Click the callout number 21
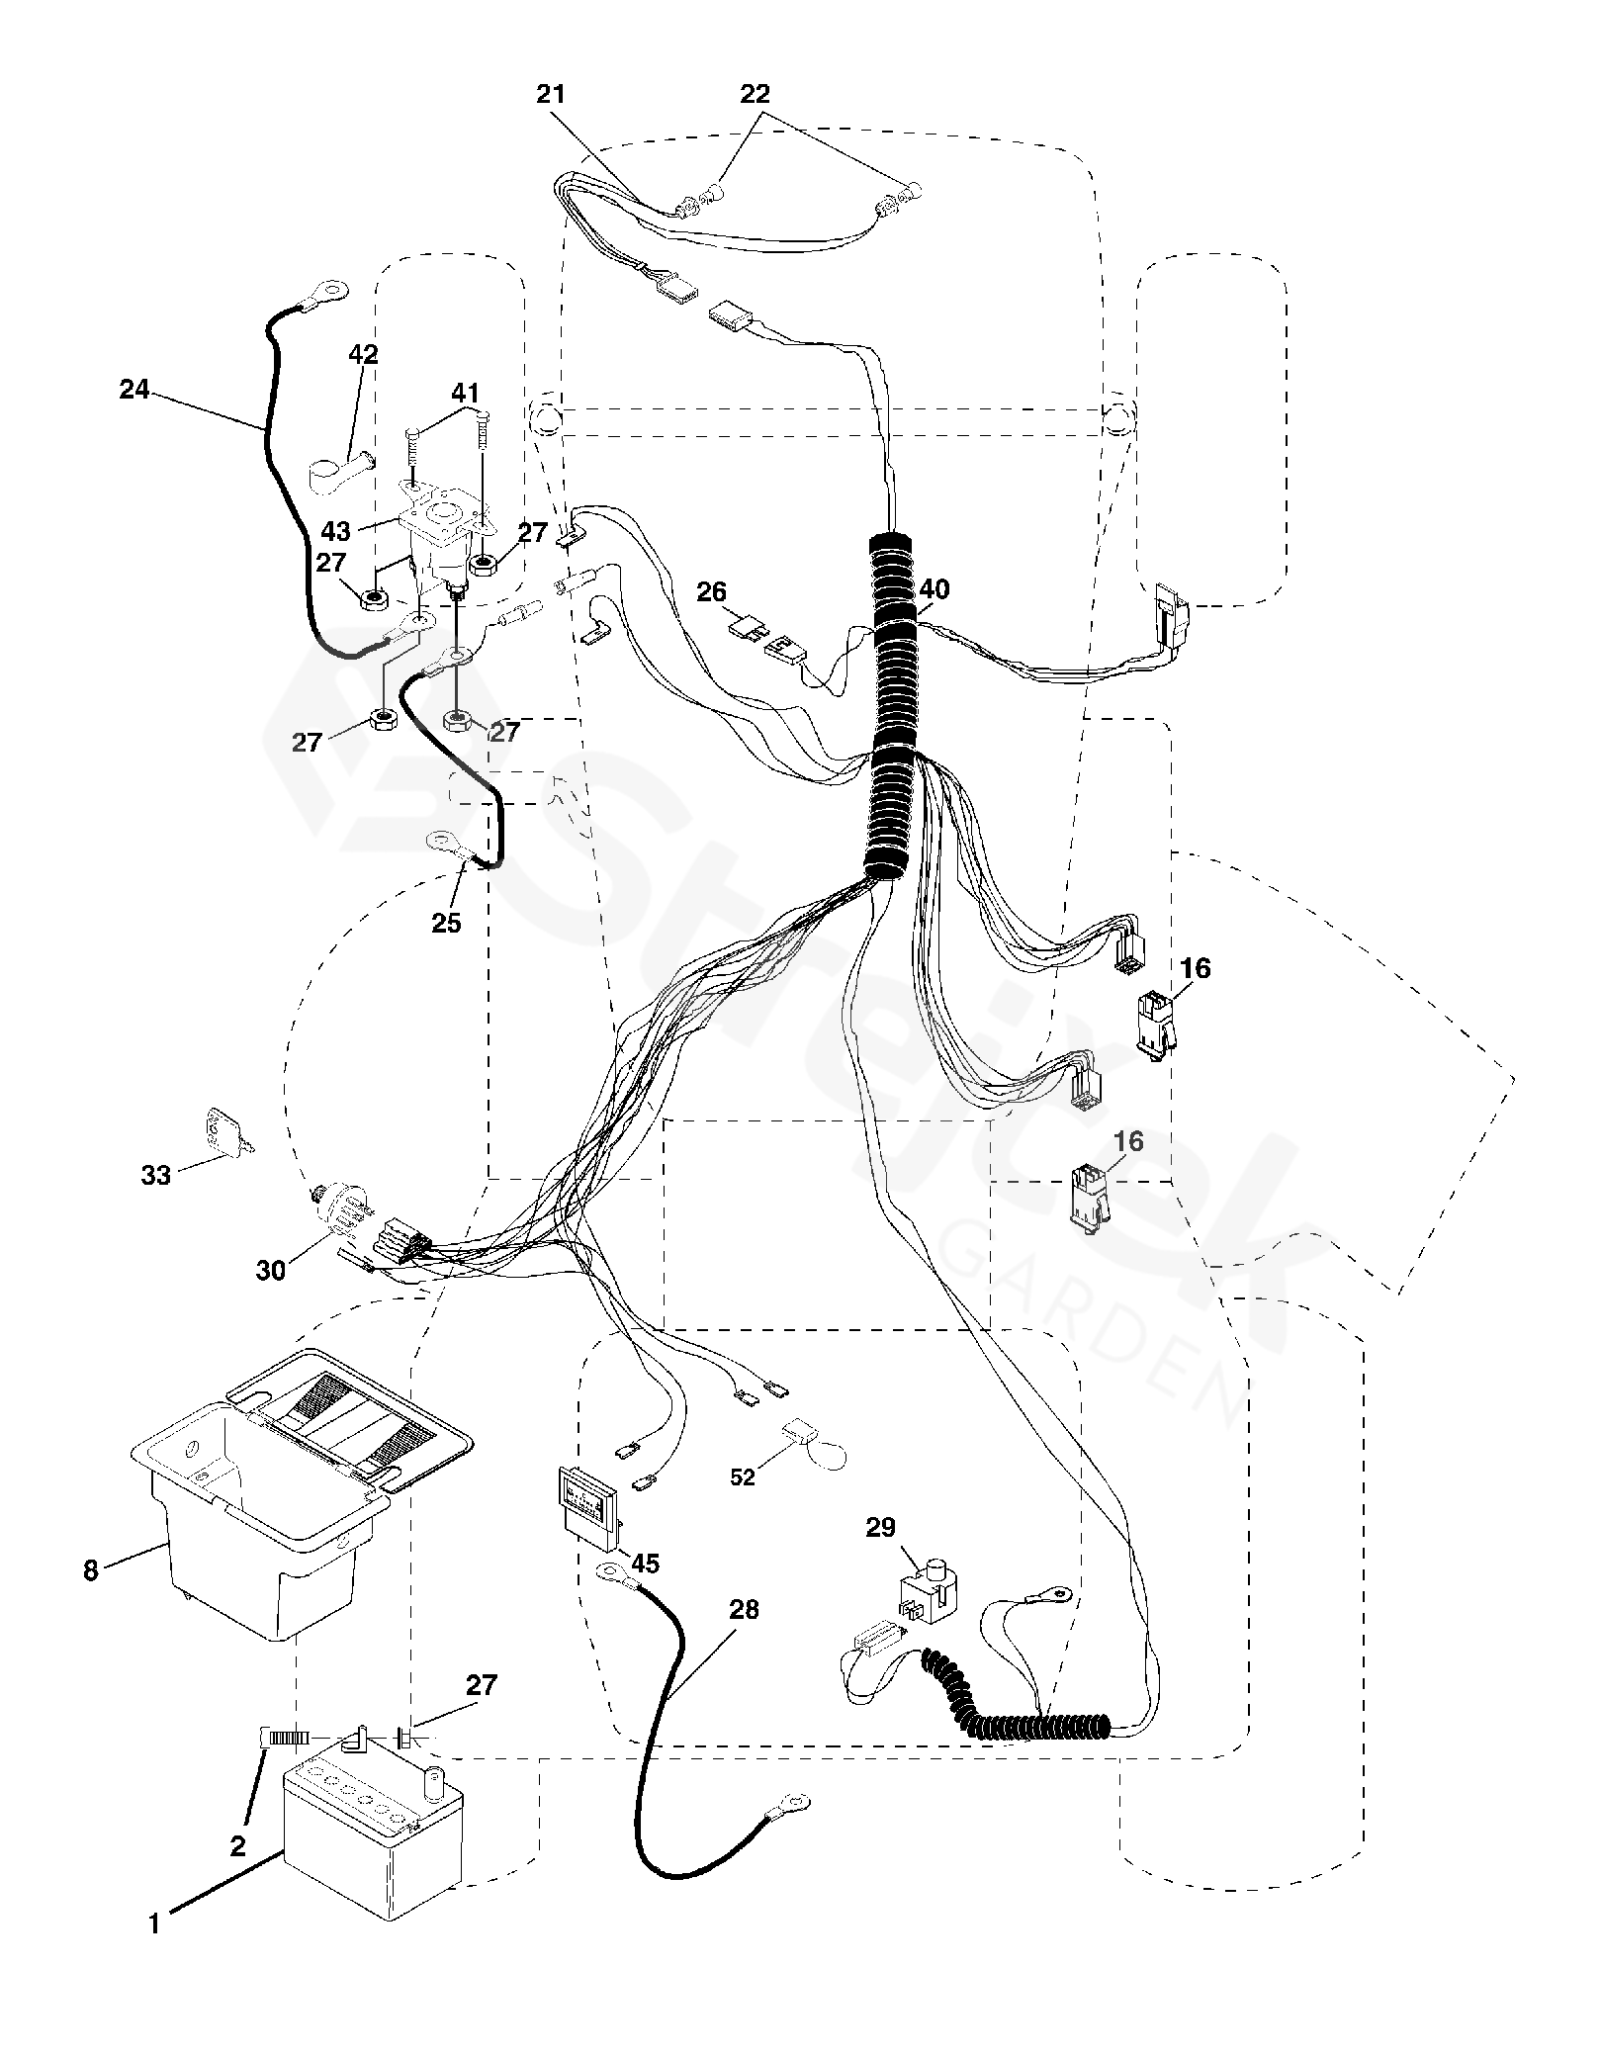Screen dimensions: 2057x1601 pos(551,94)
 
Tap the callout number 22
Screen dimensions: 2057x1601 pos(755,94)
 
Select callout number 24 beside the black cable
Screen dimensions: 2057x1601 pos(134,390)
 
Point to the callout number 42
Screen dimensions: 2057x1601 pos(364,354)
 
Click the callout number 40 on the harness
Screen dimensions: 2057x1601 pos(934,589)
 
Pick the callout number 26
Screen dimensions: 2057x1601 pos(711,592)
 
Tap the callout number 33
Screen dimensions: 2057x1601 pos(155,1175)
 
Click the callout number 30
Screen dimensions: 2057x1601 pos(271,1270)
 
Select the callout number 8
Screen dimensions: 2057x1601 pos(91,1570)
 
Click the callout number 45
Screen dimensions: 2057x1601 pos(646,1564)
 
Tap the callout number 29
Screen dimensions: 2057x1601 pos(880,1528)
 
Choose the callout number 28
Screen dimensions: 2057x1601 pos(744,1609)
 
